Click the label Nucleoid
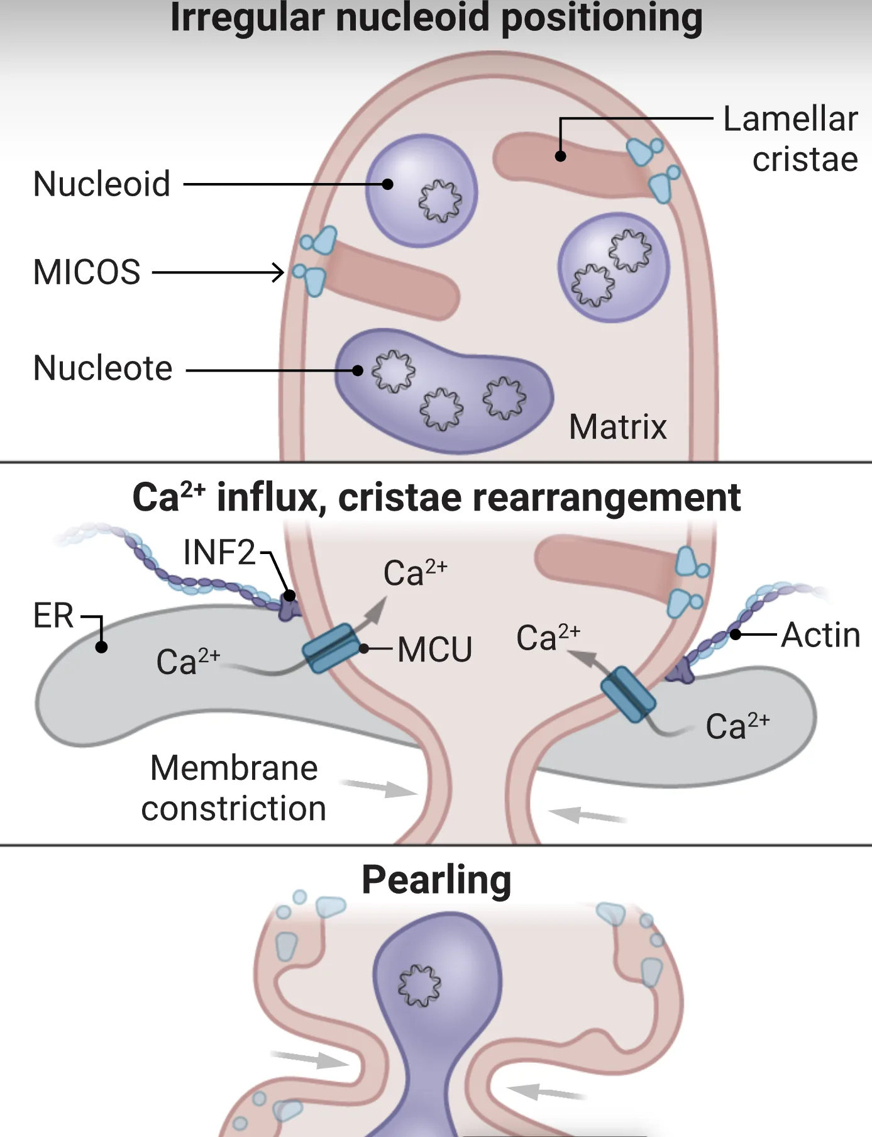click(102, 184)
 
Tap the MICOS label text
click(87, 272)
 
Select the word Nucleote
click(102, 369)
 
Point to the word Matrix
click(617, 428)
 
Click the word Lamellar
click(790, 119)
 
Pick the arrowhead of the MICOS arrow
click(278, 272)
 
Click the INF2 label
click(219, 553)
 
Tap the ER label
click(53, 616)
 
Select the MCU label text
click(434, 650)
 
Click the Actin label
click(820, 635)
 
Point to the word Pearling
click(436, 880)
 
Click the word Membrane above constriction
click(234, 768)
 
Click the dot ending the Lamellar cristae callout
click(561, 156)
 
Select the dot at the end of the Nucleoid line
click(388, 184)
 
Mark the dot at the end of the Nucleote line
click(358, 370)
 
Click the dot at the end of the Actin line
click(736, 635)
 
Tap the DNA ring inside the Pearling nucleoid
click(419, 985)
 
